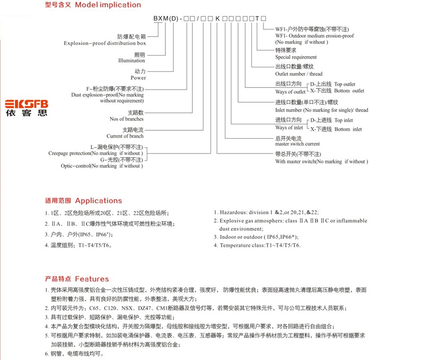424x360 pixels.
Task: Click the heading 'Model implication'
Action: click(x=108, y=5)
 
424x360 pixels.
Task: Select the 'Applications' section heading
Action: click(x=99, y=201)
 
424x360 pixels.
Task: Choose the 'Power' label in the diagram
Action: click(x=138, y=78)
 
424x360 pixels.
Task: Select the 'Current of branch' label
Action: click(x=125, y=136)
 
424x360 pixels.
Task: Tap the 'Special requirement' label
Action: click(x=296, y=57)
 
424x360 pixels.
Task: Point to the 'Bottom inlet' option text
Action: click(x=348, y=129)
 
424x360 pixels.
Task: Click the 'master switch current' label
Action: click(x=297, y=144)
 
